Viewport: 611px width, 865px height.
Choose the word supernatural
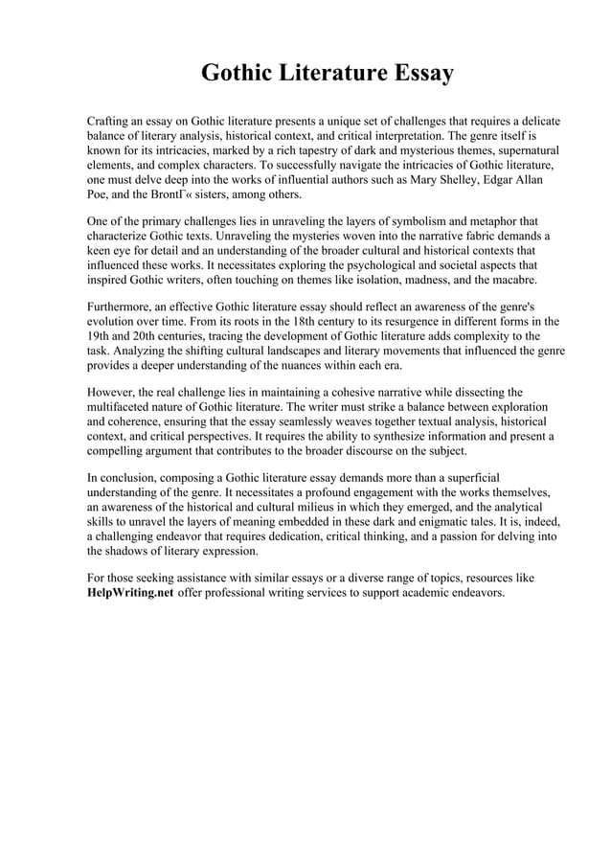523,150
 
